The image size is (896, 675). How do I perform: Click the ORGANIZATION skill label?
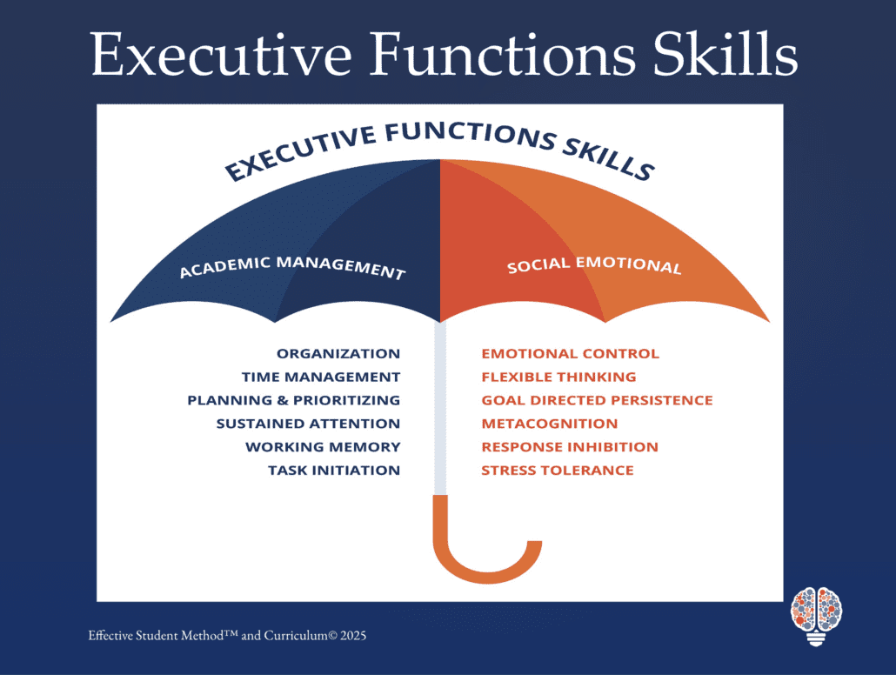pos(338,354)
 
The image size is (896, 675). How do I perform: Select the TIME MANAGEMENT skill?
pos(321,378)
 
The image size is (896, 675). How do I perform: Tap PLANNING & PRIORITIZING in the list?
pos(294,400)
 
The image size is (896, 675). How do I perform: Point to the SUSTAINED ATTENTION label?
pos(308,424)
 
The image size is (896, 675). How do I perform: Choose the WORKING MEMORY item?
pos(323,447)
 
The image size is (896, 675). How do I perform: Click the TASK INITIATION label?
pos(334,471)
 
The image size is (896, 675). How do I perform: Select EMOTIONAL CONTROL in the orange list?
pos(571,354)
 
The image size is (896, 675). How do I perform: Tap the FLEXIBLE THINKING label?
pos(558,378)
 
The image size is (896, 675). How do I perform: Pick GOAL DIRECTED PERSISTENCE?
pos(597,400)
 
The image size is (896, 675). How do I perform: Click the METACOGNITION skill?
pos(550,424)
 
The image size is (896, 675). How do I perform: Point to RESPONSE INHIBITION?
pos(570,447)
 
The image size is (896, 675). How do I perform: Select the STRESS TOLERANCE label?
pos(558,471)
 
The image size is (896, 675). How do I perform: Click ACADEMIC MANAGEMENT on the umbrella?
pos(292,267)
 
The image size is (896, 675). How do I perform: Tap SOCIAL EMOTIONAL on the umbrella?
pos(594,264)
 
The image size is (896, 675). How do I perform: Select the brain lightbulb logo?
pos(817,616)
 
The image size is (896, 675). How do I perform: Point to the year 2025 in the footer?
pos(353,636)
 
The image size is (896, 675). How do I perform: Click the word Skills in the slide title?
pos(725,53)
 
